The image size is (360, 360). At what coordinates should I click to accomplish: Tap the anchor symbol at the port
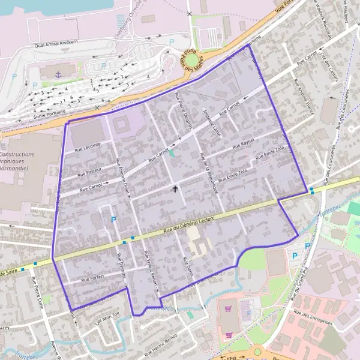58,74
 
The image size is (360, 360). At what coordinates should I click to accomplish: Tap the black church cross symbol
176,189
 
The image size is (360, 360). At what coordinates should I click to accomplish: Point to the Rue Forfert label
93,278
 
